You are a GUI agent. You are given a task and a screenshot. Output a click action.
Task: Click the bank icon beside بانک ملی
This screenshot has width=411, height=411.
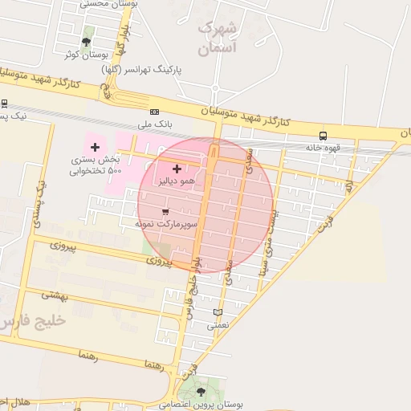coord(154,112)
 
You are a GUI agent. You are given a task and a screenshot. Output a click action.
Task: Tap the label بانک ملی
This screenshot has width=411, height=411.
coord(155,124)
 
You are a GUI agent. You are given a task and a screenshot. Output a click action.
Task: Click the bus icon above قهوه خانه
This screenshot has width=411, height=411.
coord(323,136)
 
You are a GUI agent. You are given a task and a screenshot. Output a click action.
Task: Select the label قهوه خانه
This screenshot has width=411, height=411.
coord(323,148)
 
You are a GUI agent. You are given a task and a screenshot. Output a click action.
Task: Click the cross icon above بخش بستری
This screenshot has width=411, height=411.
coord(96,146)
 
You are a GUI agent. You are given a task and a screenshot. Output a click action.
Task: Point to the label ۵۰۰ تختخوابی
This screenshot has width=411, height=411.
coord(95,170)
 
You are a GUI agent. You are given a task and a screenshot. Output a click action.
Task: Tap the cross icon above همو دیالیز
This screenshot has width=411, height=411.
coord(177,169)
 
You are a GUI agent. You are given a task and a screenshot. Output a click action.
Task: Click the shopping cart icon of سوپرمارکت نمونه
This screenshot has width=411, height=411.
coord(165,212)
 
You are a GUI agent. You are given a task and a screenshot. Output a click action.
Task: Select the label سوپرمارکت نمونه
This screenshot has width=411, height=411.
coord(165,224)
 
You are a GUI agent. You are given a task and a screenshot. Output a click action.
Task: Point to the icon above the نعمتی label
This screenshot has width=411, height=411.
coord(218,312)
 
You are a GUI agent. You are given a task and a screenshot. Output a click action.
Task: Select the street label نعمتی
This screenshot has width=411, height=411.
coord(218,325)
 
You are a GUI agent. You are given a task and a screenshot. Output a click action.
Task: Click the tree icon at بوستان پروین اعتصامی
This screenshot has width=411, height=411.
coord(201,393)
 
